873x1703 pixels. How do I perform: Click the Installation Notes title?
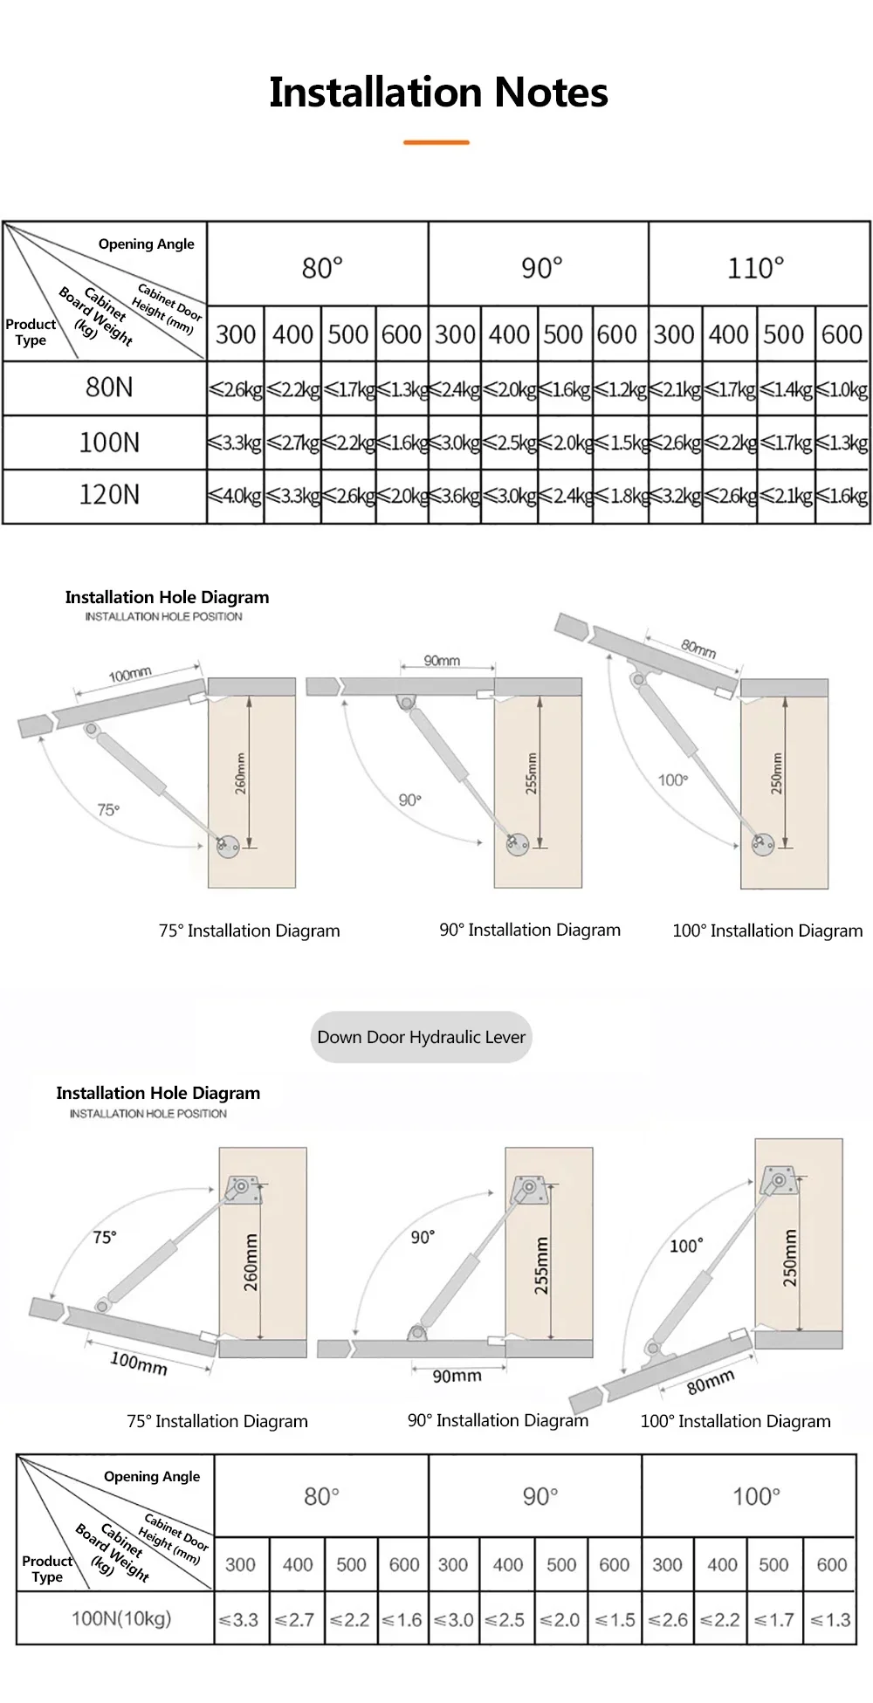(438, 93)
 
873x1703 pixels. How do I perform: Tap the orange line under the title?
(436, 142)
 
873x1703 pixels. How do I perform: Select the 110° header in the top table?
(756, 268)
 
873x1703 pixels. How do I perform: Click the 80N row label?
(109, 387)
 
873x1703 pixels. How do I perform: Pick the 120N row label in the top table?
(109, 495)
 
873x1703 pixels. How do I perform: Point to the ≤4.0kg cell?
(236, 497)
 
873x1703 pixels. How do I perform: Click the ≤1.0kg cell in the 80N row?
(842, 389)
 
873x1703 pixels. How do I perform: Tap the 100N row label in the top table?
(109, 442)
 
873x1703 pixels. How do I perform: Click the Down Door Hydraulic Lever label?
(421, 1037)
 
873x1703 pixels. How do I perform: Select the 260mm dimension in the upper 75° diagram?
(241, 773)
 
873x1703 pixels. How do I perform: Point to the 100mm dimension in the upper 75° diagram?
(130, 675)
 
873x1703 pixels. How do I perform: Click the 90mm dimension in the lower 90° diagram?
(457, 1377)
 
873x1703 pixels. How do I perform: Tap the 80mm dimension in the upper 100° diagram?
(698, 649)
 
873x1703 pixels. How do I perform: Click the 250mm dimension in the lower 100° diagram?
(790, 1258)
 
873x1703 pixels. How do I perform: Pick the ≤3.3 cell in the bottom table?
(239, 1620)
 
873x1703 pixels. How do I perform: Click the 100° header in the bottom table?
(756, 1496)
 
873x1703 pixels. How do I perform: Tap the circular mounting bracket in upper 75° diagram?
(228, 845)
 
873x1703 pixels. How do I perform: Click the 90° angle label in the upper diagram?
(409, 800)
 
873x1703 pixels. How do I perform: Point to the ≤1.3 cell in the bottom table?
(831, 1620)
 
